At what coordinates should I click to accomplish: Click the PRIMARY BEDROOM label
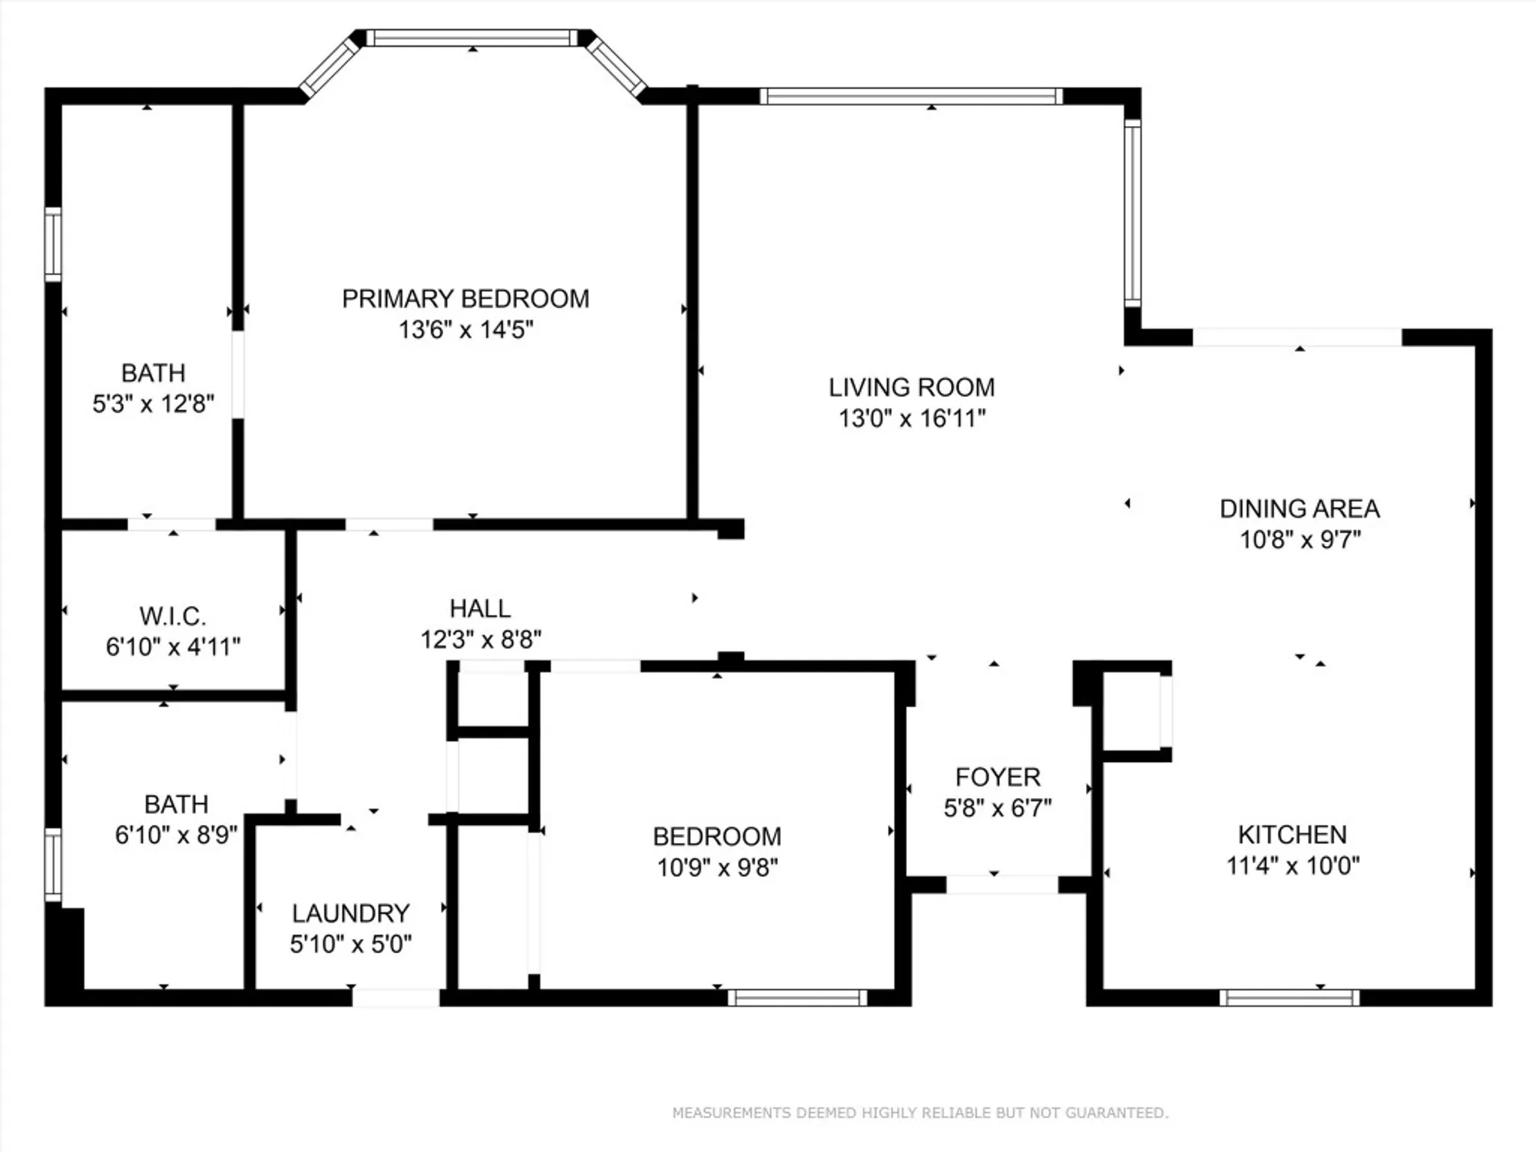click(x=465, y=299)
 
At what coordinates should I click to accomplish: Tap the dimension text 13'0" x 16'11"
click(x=912, y=419)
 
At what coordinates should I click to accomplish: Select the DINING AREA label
click(x=1299, y=508)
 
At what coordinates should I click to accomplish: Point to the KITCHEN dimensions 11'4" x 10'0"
click(x=1293, y=866)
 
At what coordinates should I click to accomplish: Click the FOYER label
click(x=998, y=777)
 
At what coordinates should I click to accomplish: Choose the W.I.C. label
click(x=173, y=616)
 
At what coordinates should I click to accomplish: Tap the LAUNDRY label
click(x=351, y=913)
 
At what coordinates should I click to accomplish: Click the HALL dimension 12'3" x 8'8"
click(x=481, y=639)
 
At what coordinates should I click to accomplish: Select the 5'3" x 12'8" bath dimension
click(x=153, y=404)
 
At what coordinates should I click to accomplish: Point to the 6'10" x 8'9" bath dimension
click(x=176, y=835)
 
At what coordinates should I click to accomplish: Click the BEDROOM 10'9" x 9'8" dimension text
click(x=717, y=867)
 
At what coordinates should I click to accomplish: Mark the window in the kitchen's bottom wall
click(x=1289, y=998)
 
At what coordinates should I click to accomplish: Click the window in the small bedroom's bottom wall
click(x=797, y=998)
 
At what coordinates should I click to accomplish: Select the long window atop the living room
click(x=912, y=96)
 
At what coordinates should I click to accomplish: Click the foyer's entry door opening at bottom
click(x=1001, y=885)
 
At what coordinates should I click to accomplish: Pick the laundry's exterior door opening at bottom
click(x=396, y=998)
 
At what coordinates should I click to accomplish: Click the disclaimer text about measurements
click(x=920, y=1113)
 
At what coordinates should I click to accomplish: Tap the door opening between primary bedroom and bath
click(x=238, y=375)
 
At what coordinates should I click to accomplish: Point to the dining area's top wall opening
click(x=1297, y=337)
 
